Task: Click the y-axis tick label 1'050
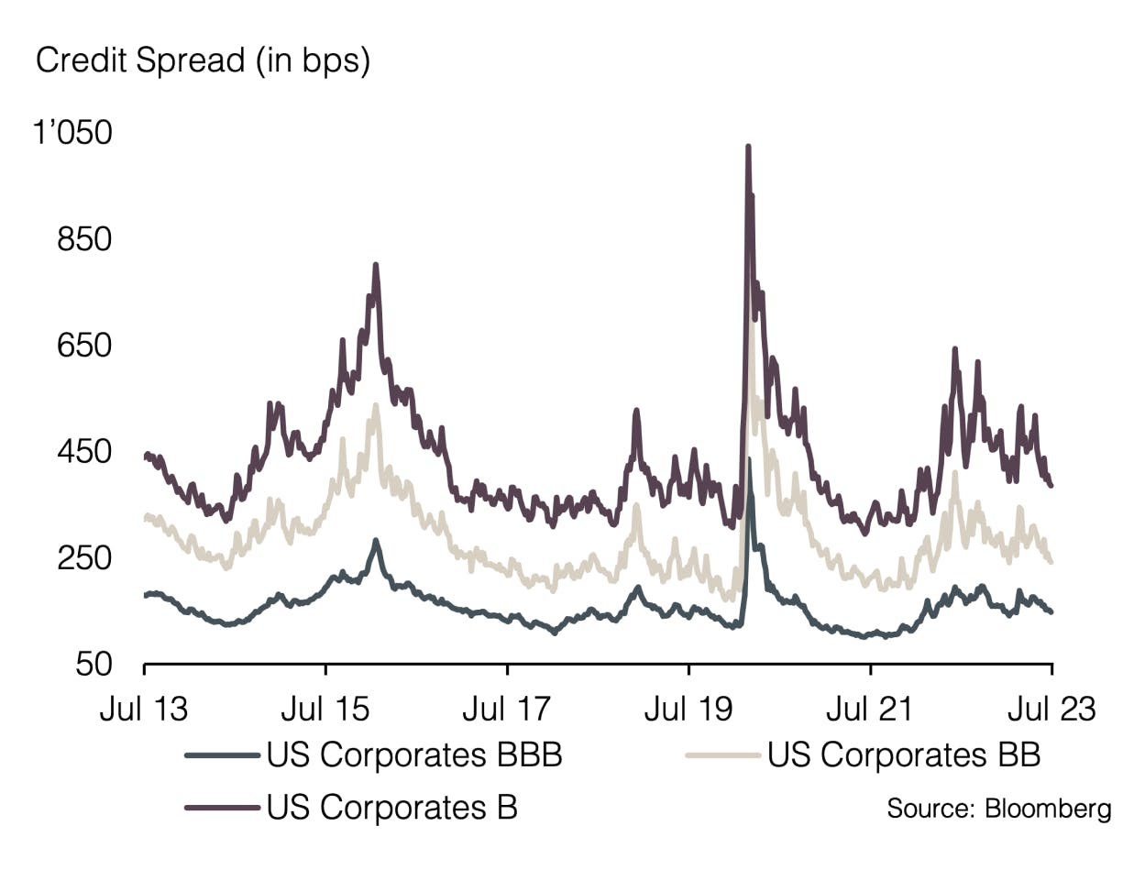click(73, 134)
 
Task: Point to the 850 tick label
click(85, 240)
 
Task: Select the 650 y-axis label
click(85, 347)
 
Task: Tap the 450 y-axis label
click(85, 453)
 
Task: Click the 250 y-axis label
click(85, 558)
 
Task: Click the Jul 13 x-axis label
click(144, 709)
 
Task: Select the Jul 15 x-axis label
click(325, 709)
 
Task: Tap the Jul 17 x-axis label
click(507, 709)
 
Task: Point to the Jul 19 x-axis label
click(688, 709)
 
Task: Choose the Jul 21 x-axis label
click(869, 709)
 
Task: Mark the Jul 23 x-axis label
click(1051, 709)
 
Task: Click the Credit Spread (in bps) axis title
click(202, 62)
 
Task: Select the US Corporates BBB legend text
click(413, 756)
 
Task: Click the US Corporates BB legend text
click(904, 756)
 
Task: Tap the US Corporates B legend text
click(392, 808)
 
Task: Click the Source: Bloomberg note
click(998, 809)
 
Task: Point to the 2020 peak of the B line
click(748, 147)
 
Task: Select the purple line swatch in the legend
click(221, 808)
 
